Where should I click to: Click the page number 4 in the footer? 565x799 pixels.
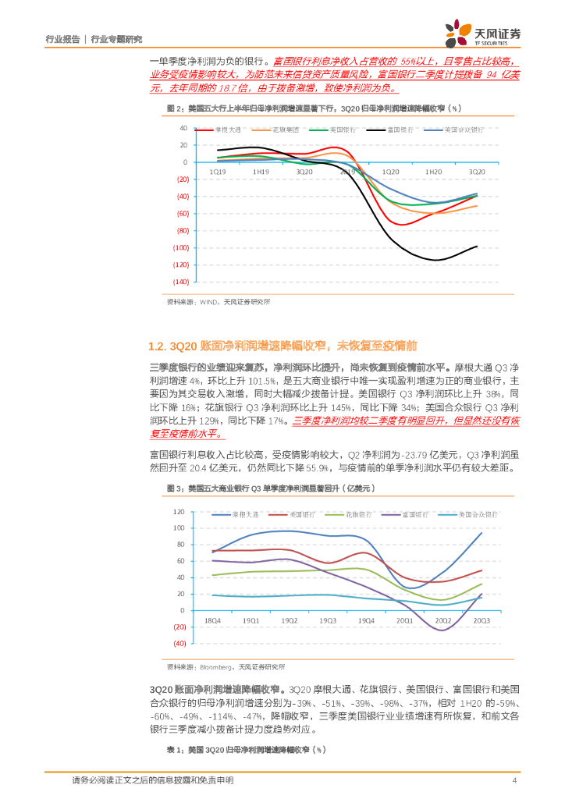click(x=514, y=780)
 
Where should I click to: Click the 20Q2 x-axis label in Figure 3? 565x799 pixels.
click(x=442, y=620)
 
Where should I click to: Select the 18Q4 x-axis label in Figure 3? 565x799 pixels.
click(x=211, y=620)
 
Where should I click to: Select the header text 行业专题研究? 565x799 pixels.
click(x=117, y=38)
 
